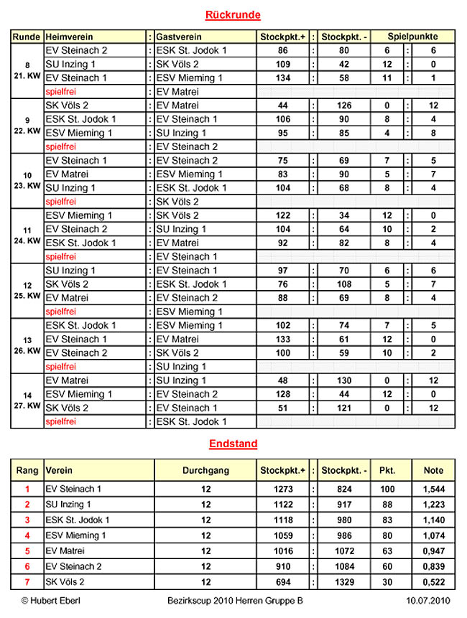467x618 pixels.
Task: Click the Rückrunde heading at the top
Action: point(233,15)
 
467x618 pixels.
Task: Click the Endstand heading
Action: point(233,444)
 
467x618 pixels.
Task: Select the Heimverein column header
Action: point(69,37)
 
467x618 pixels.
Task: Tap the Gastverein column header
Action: point(179,37)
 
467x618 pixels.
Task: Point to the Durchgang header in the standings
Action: point(205,471)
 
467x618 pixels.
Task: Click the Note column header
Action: point(433,471)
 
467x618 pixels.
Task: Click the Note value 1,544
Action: point(433,489)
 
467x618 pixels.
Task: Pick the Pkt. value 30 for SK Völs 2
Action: point(387,581)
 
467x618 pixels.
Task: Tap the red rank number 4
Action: point(27,535)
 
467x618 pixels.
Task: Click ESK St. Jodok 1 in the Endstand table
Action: point(77,520)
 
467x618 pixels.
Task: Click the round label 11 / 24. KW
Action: point(27,235)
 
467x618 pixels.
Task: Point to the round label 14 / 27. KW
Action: point(27,401)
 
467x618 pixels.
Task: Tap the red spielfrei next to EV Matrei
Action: point(60,92)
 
